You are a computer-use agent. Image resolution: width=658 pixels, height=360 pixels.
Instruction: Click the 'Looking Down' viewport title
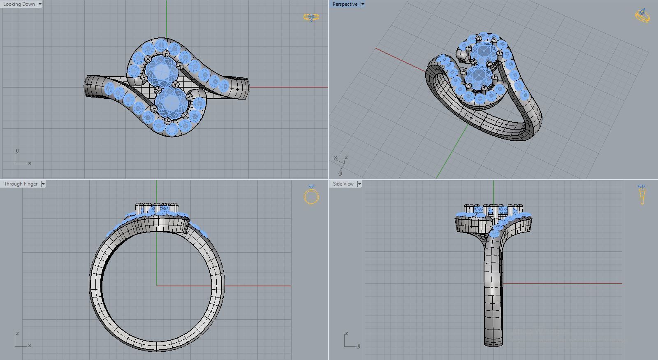click(19, 4)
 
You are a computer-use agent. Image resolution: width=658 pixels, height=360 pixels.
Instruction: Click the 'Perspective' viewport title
click(345, 4)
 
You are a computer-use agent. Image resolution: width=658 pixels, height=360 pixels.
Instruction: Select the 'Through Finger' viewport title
click(21, 184)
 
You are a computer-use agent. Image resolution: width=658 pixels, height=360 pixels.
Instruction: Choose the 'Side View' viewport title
click(343, 184)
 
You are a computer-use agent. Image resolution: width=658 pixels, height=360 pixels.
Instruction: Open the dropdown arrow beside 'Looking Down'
click(40, 4)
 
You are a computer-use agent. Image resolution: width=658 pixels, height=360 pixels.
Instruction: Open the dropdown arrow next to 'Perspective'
click(362, 4)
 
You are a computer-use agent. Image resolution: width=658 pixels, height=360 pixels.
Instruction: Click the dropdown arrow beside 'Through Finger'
click(43, 184)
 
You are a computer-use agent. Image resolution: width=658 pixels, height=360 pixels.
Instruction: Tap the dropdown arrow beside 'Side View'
click(359, 184)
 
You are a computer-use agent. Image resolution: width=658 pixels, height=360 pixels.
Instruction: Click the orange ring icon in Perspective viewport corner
click(642, 16)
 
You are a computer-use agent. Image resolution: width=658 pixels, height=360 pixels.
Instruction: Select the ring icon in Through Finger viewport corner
click(311, 195)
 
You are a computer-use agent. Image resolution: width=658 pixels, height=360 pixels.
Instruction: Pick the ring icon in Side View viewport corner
click(642, 195)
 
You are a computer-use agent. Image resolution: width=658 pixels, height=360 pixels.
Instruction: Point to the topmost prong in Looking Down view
click(165, 53)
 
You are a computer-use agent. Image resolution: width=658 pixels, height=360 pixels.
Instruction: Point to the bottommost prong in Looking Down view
click(167, 121)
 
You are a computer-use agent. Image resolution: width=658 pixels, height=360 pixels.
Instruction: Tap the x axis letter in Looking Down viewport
click(30, 163)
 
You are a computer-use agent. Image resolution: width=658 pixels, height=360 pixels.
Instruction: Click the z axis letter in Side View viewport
click(347, 333)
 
